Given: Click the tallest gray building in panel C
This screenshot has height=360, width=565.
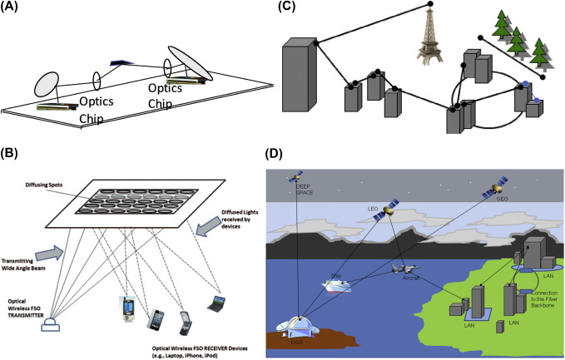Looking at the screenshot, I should [299, 80].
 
